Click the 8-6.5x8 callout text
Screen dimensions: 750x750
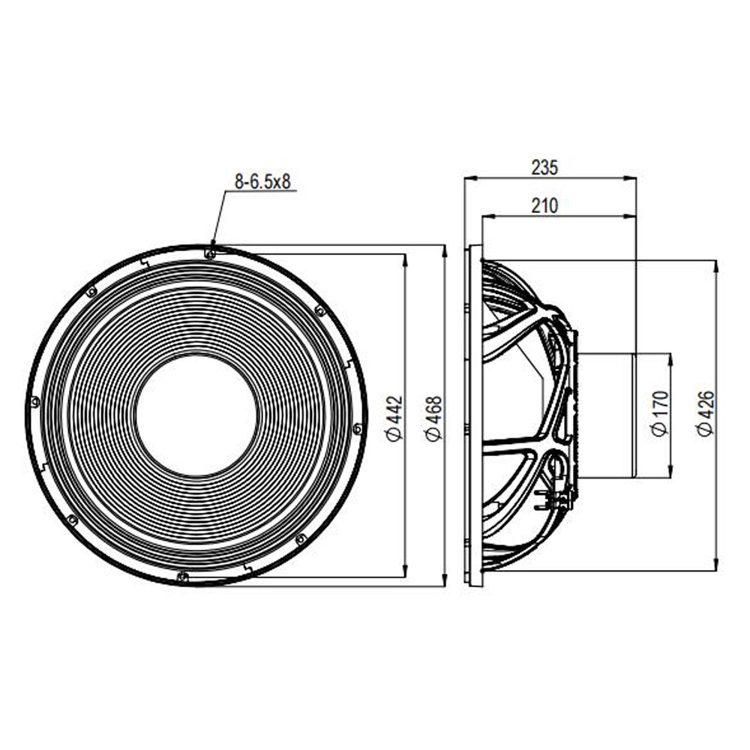[x=262, y=181]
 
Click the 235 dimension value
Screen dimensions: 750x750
[x=544, y=168]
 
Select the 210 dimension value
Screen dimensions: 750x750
[x=544, y=206]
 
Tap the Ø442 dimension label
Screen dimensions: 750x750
[x=395, y=419]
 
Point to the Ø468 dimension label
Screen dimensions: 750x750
[x=434, y=419]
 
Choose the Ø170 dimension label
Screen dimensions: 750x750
[x=660, y=414]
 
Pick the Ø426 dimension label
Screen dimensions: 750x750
[x=706, y=414]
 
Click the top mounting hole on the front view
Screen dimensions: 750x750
[x=209, y=253]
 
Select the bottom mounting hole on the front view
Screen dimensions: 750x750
[x=182, y=577]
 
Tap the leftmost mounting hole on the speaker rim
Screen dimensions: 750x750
[x=34, y=402]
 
